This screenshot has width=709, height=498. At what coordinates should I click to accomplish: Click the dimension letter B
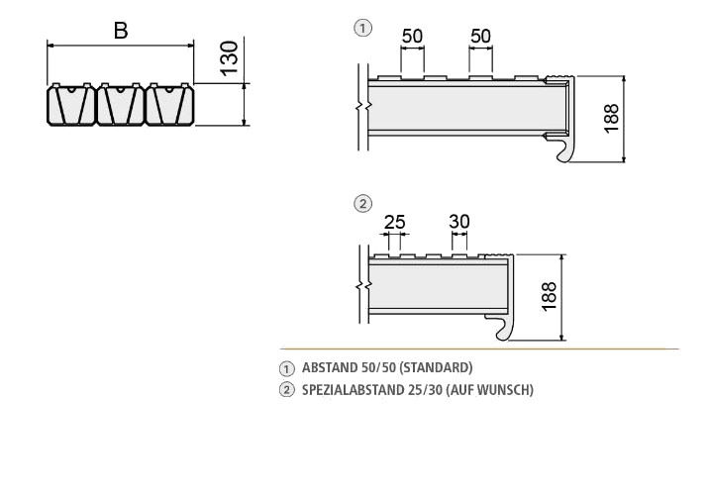pos(120,31)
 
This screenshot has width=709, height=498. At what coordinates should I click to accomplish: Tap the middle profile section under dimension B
pos(120,104)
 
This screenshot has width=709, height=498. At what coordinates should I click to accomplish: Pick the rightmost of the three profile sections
pos(168,104)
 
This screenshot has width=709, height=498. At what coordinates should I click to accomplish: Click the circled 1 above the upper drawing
pos(362,28)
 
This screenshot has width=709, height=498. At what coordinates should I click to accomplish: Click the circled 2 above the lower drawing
pos(362,204)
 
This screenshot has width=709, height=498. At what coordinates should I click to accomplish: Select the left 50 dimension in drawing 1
pos(412,37)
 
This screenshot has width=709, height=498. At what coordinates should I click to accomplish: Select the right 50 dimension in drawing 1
pos(480,37)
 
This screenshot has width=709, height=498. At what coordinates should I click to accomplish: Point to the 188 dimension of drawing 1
pos(611,119)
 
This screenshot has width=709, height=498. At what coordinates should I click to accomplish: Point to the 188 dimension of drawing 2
pos(550,296)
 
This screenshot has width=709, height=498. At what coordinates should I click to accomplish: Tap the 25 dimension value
pos(394,222)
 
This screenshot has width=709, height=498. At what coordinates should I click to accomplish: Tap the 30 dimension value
pos(458,222)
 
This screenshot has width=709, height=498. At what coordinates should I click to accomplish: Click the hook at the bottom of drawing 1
pos(562,150)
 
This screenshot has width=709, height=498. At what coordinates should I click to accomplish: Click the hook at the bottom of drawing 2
pos(501,328)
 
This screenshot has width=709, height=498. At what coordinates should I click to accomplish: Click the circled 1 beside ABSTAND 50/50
pos(288,368)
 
